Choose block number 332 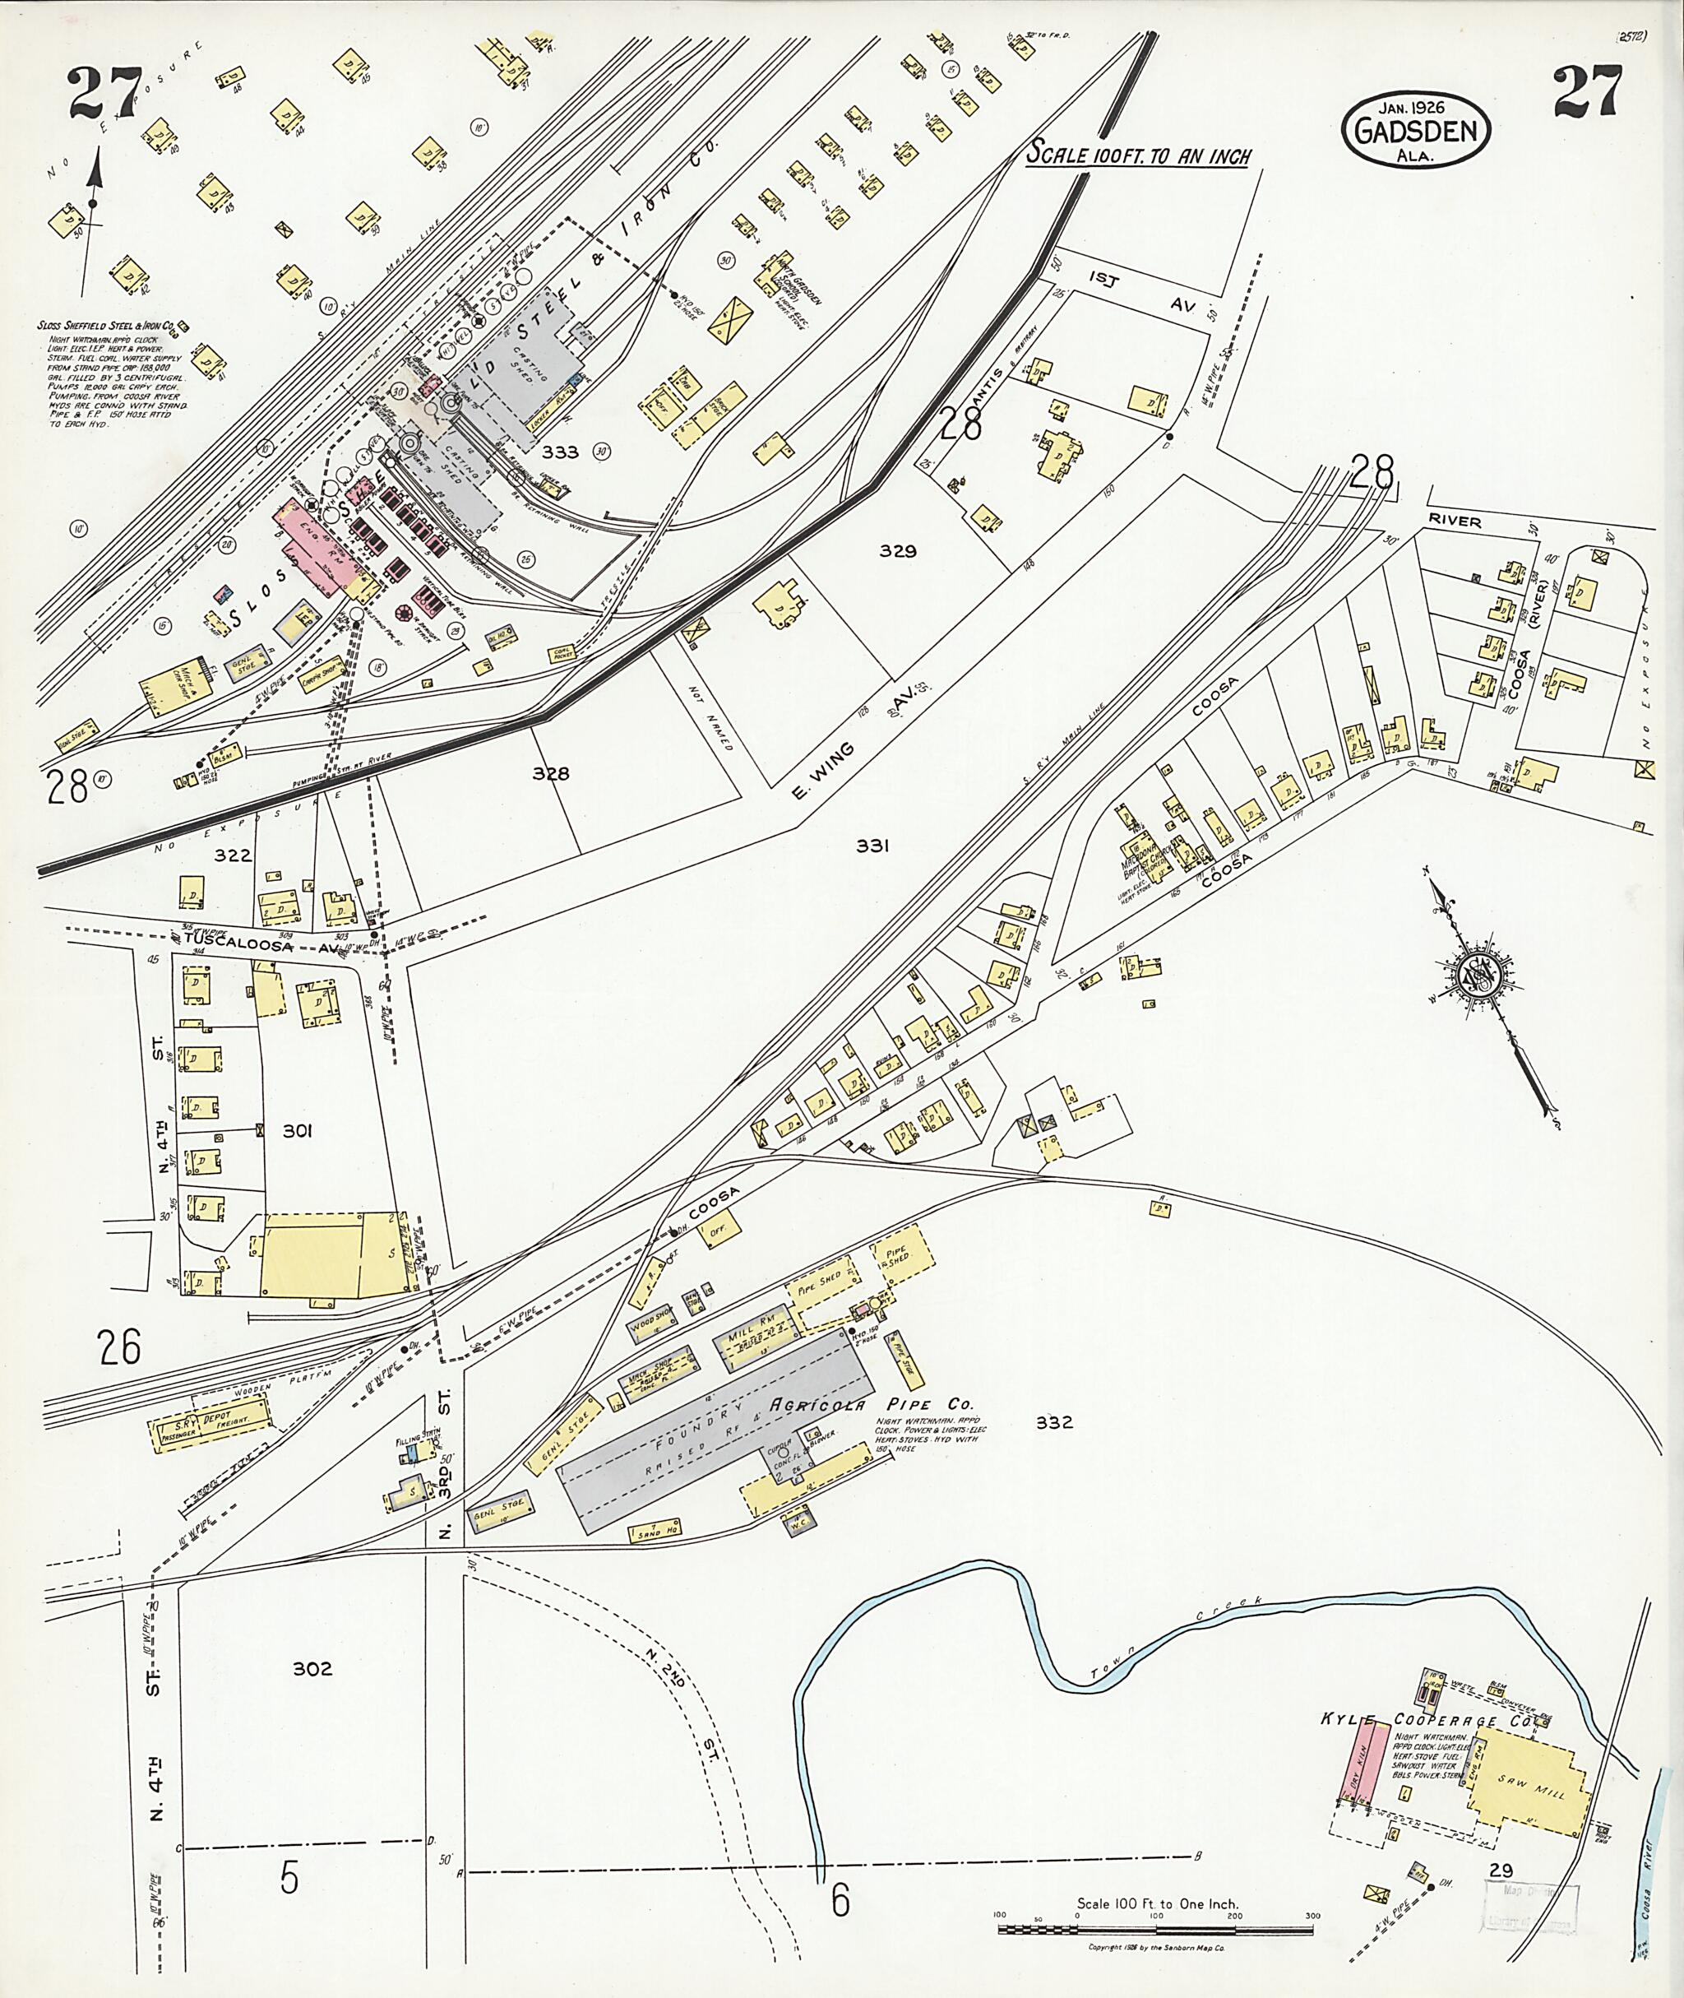1054,1449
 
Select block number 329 897,551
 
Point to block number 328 551,773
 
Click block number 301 297,1131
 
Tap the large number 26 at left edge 119,1347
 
